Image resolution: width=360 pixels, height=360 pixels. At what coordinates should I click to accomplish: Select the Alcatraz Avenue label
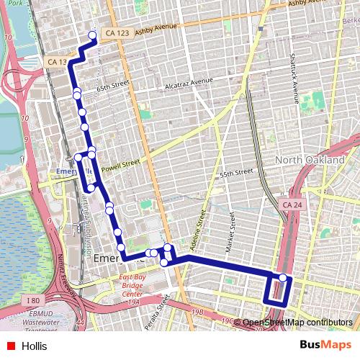point(189,84)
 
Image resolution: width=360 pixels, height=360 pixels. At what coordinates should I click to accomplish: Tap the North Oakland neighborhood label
point(310,159)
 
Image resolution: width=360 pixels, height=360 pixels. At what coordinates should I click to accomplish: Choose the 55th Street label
point(237,174)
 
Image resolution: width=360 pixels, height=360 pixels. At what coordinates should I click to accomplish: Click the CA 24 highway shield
point(292,205)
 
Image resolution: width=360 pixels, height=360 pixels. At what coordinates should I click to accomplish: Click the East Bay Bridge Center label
point(130,290)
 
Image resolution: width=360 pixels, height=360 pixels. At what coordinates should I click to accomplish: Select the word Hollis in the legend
point(35,346)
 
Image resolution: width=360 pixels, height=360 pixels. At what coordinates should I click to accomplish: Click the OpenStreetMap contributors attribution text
point(297,323)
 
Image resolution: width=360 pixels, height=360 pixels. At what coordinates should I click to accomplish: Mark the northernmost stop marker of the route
point(92,35)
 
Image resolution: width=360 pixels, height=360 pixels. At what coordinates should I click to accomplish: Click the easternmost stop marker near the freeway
point(283,278)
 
